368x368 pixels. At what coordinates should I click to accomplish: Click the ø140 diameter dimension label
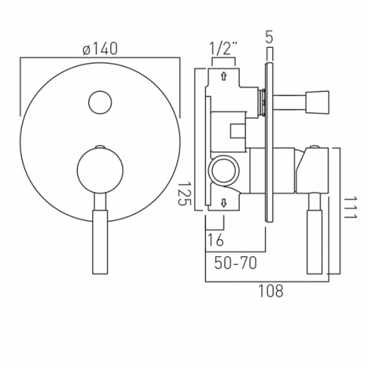pos(100,49)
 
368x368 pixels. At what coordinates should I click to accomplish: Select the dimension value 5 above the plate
pos(269,38)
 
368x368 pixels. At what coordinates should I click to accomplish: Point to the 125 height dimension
pos(184,194)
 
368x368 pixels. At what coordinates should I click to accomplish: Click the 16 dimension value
pos(216,240)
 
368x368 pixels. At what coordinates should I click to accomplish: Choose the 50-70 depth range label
pos(236,263)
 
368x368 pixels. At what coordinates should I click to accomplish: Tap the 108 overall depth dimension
pos(271,291)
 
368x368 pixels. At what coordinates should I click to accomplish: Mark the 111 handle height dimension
pos(350,208)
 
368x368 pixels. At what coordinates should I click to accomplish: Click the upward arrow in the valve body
pos(224,76)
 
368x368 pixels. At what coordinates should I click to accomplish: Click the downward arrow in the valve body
pos(224,203)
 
